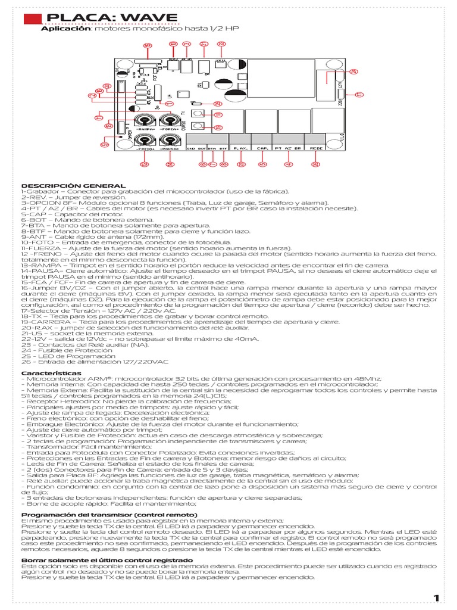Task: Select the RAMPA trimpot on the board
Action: click(x=145, y=121)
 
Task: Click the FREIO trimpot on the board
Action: click(x=145, y=141)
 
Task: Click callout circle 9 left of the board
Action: click(x=104, y=144)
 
